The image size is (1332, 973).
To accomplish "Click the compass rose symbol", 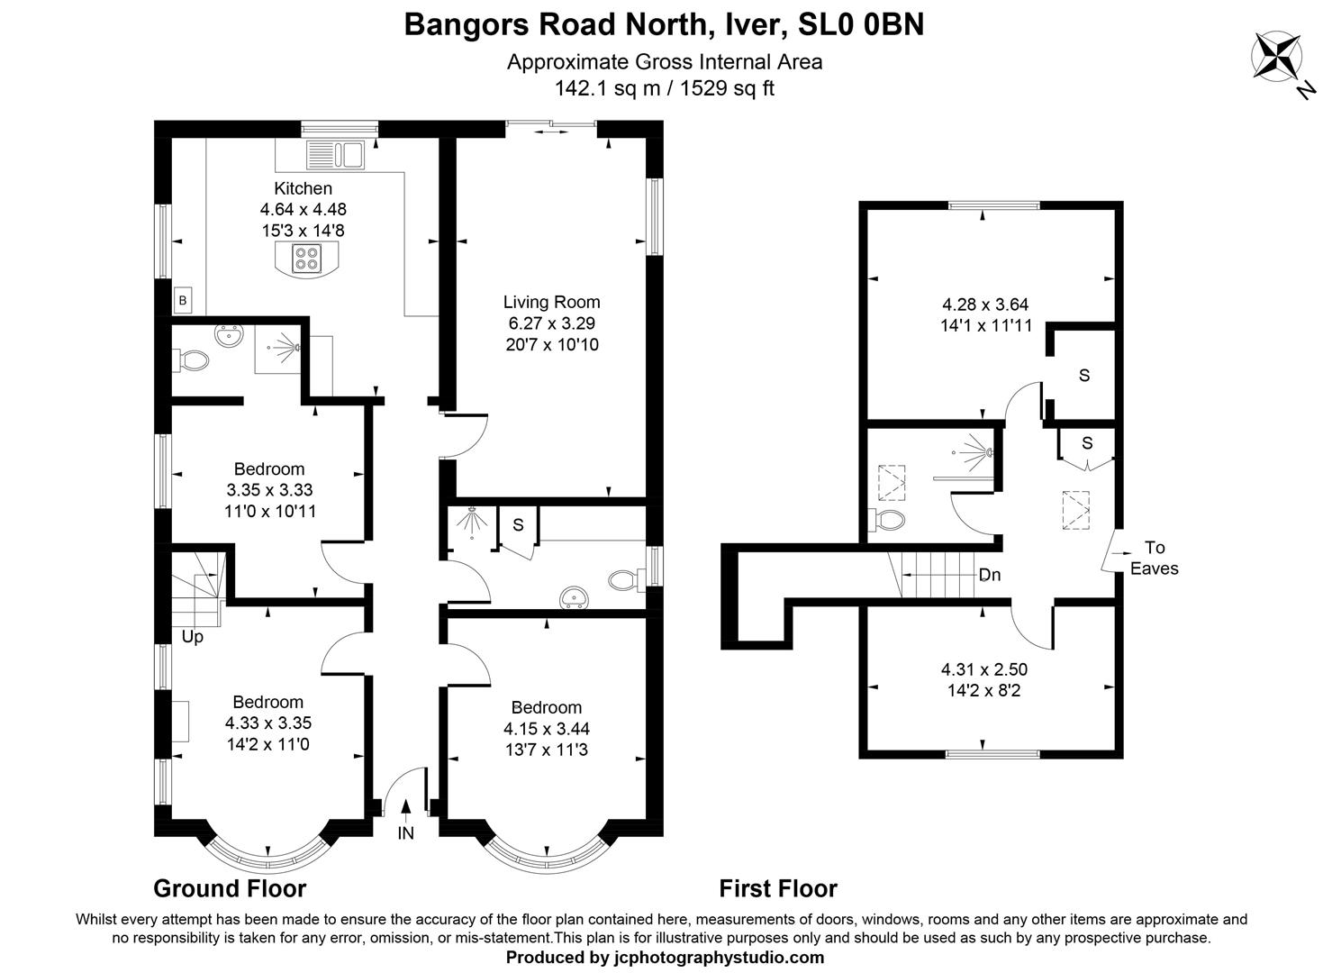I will pyautogui.click(x=1277, y=56).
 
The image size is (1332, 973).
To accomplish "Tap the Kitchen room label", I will pyautogui.click(x=303, y=188).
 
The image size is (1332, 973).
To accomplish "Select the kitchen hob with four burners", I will pyautogui.click(x=305, y=259).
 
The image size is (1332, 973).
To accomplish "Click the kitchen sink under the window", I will pyautogui.click(x=334, y=154).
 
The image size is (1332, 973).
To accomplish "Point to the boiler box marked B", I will pyautogui.click(x=183, y=301).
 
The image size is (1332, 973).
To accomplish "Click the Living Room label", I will pyautogui.click(x=551, y=302).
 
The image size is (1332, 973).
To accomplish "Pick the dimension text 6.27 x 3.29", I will pyautogui.click(x=551, y=323).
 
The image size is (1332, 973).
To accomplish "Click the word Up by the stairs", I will pyautogui.click(x=193, y=637).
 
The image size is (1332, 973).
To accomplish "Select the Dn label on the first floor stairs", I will pyautogui.click(x=989, y=575).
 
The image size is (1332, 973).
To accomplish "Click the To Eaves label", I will pyautogui.click(x=1154, y=558).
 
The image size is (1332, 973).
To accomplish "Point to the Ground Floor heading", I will pyautogui.click(x=230, y=888).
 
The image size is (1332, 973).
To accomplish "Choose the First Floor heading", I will pyautogui.click(x=778, y=888).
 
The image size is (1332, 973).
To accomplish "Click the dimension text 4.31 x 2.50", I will pyautogui.click(x=983, y=669).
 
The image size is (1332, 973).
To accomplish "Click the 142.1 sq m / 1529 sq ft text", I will pyautogui.click(x=665, y=88).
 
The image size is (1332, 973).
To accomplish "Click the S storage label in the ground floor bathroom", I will pyautogui.click(x=518, y=524).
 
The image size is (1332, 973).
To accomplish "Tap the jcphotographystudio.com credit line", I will pyautogui.click(x=665, y=957).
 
